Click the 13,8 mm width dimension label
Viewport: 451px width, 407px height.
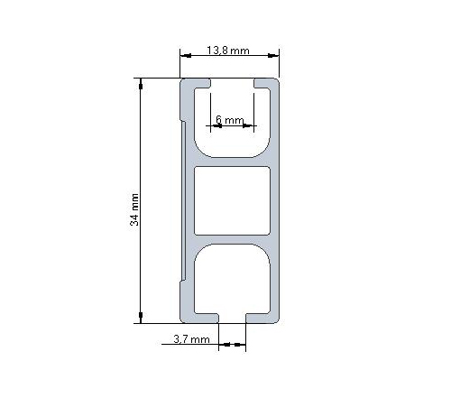(227, 51)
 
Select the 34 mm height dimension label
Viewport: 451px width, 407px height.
(135, 208)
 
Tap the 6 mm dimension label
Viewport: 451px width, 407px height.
(230, 119)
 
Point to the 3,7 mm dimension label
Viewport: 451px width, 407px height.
(190, 340)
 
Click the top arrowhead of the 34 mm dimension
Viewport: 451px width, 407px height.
(141, 84)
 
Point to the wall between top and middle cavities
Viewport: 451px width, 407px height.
(233, 163)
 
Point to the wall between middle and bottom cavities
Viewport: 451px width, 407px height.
(233, 239)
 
